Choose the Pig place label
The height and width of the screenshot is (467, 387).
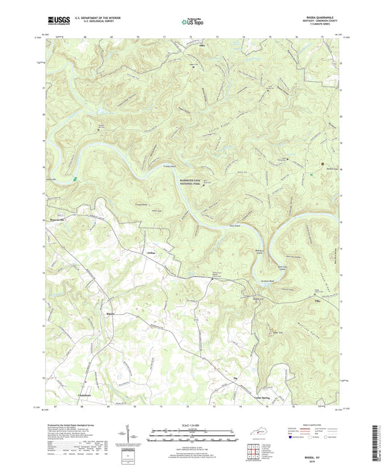tap(235, 380)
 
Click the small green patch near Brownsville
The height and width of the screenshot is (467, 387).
tap(75, 176)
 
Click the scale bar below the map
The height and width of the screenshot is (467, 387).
tap(193, 436)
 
